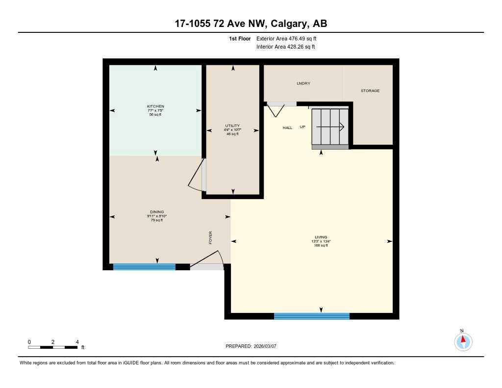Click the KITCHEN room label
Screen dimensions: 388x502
[155, 106]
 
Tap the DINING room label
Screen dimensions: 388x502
[157, 212]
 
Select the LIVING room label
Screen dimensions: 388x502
[321, 237]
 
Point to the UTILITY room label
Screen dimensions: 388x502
[232, 126]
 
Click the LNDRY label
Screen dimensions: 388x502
[303, 83]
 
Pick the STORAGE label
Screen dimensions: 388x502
[370, 91]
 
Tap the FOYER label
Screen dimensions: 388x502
[211, 238]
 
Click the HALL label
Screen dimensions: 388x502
[287, 128]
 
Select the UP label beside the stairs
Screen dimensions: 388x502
[302, 127]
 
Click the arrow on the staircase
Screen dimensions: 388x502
[330, 127]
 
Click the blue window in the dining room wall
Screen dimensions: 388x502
[144, 267]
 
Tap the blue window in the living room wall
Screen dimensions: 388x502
[311, 316]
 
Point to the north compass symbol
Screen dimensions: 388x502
[463, 340]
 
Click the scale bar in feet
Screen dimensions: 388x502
[52, 347]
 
